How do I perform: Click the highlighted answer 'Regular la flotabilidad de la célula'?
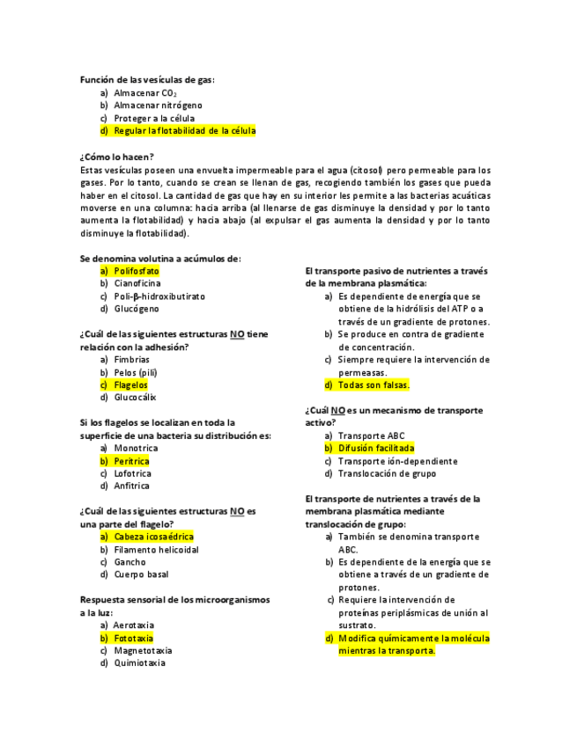click(x=184, y=131)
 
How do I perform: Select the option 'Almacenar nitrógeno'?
click(x=158, y=106)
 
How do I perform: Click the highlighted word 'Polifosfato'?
click(x=136, y=272)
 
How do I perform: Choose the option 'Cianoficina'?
click(x=137, y=284)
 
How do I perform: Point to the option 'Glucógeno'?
click(x=137, y=309)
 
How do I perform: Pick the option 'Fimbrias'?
click(x=132, y=360)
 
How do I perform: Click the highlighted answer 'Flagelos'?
click(x=130, y=385)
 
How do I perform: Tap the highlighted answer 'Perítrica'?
click(x=131, y=461)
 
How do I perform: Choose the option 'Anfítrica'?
click(x=132, y=486)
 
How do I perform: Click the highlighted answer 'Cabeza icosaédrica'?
click(x=153, y=537)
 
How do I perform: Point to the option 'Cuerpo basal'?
click(x=141, y=574)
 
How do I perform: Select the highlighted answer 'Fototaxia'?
click(x=133, y=638)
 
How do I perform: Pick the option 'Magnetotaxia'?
click(x=143, y=651)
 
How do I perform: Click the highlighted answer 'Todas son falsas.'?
click(x=374, y=385)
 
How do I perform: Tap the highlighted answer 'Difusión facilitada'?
click(x=375, y=449)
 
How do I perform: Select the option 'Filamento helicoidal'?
click(x=156, y=550)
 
